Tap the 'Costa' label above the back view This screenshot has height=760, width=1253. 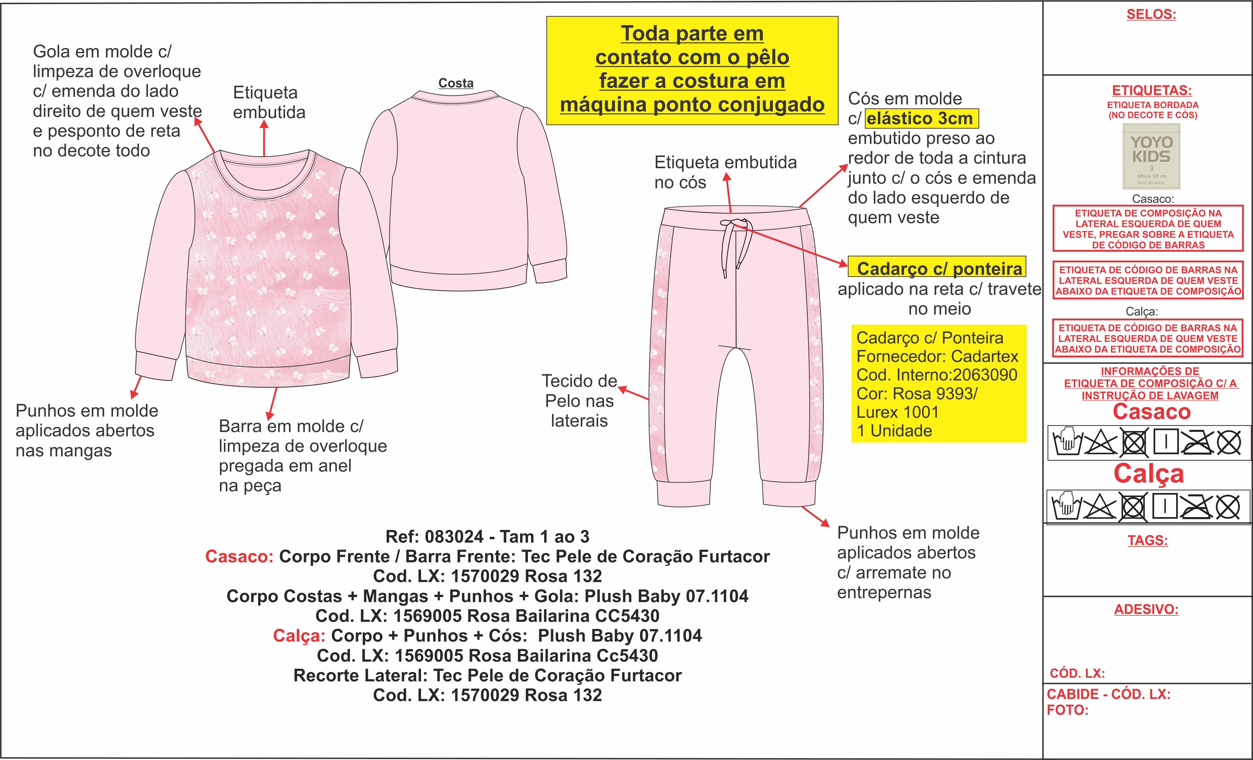coord(456,83)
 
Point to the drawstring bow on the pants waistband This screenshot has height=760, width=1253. coord(732,224)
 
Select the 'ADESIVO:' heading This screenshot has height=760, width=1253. coord(1146,609)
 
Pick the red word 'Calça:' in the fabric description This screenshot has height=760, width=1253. coord(299,636)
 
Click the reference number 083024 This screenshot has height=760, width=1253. coord(454,537)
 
